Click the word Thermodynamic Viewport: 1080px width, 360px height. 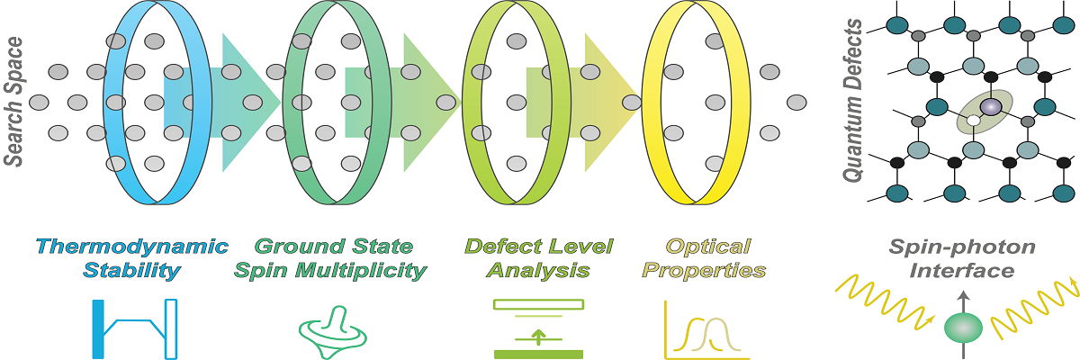click(x=131, y=247)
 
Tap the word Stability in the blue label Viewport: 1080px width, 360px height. click(x=131, y=269)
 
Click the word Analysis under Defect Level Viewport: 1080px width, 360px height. click(x=539, y=269)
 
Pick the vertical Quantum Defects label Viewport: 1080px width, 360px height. click(x=854, y=104)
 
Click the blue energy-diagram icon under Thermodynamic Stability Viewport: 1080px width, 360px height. click(x=134, y=329)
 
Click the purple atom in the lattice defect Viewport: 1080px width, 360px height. click(x=989, y=107)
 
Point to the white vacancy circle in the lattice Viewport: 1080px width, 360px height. click(x=973, y=120)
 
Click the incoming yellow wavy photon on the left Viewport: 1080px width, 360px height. click(x=882, y=297)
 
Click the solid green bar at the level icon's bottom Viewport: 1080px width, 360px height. click(x=538, y=354)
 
